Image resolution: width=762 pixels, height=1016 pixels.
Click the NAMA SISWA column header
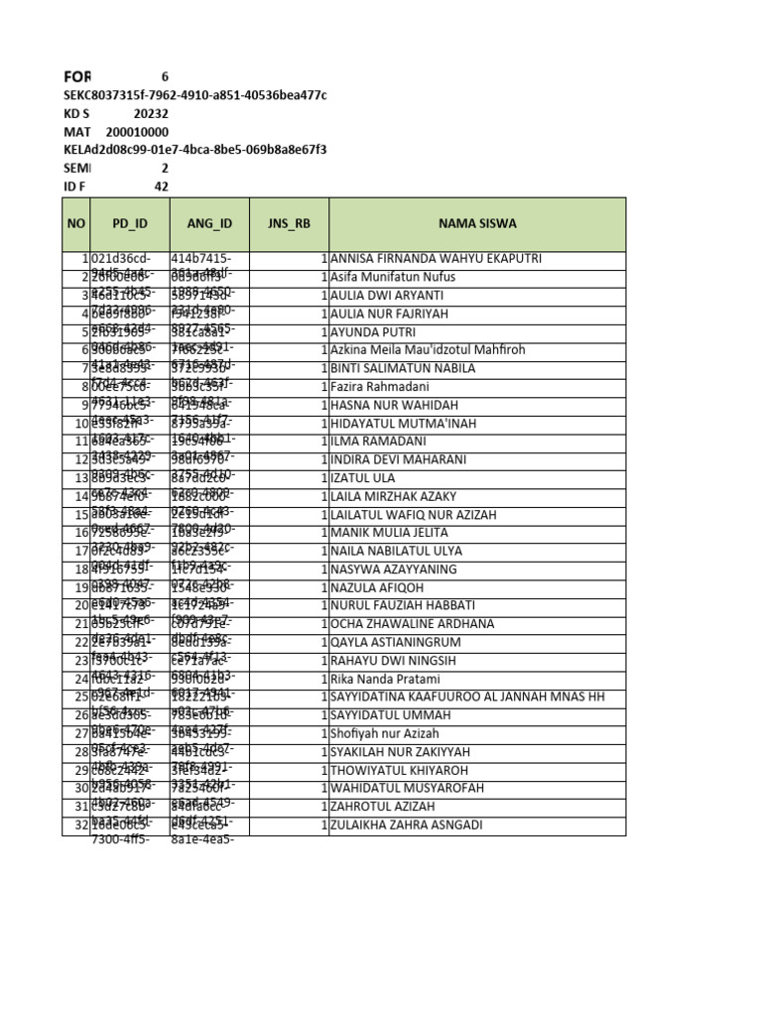(x=476, y=224)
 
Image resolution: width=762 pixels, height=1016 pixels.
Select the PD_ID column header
(x=129, y=224)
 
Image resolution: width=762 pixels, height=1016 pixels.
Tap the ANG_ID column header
(x=209, y=224)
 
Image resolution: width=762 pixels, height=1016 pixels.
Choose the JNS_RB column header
(x=289, y=224)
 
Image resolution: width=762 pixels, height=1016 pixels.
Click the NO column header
(x=76, y=224)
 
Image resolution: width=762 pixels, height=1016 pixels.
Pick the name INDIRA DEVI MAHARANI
(x=398, y=459)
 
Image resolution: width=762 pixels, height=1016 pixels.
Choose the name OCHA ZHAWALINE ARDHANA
(x=412, y=624)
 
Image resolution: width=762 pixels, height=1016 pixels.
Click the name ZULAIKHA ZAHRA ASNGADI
(x=407, y=825)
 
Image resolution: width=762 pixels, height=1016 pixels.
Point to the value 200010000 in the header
(x=137, y=132)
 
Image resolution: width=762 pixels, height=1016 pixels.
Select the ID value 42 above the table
(x=161, y=187)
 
